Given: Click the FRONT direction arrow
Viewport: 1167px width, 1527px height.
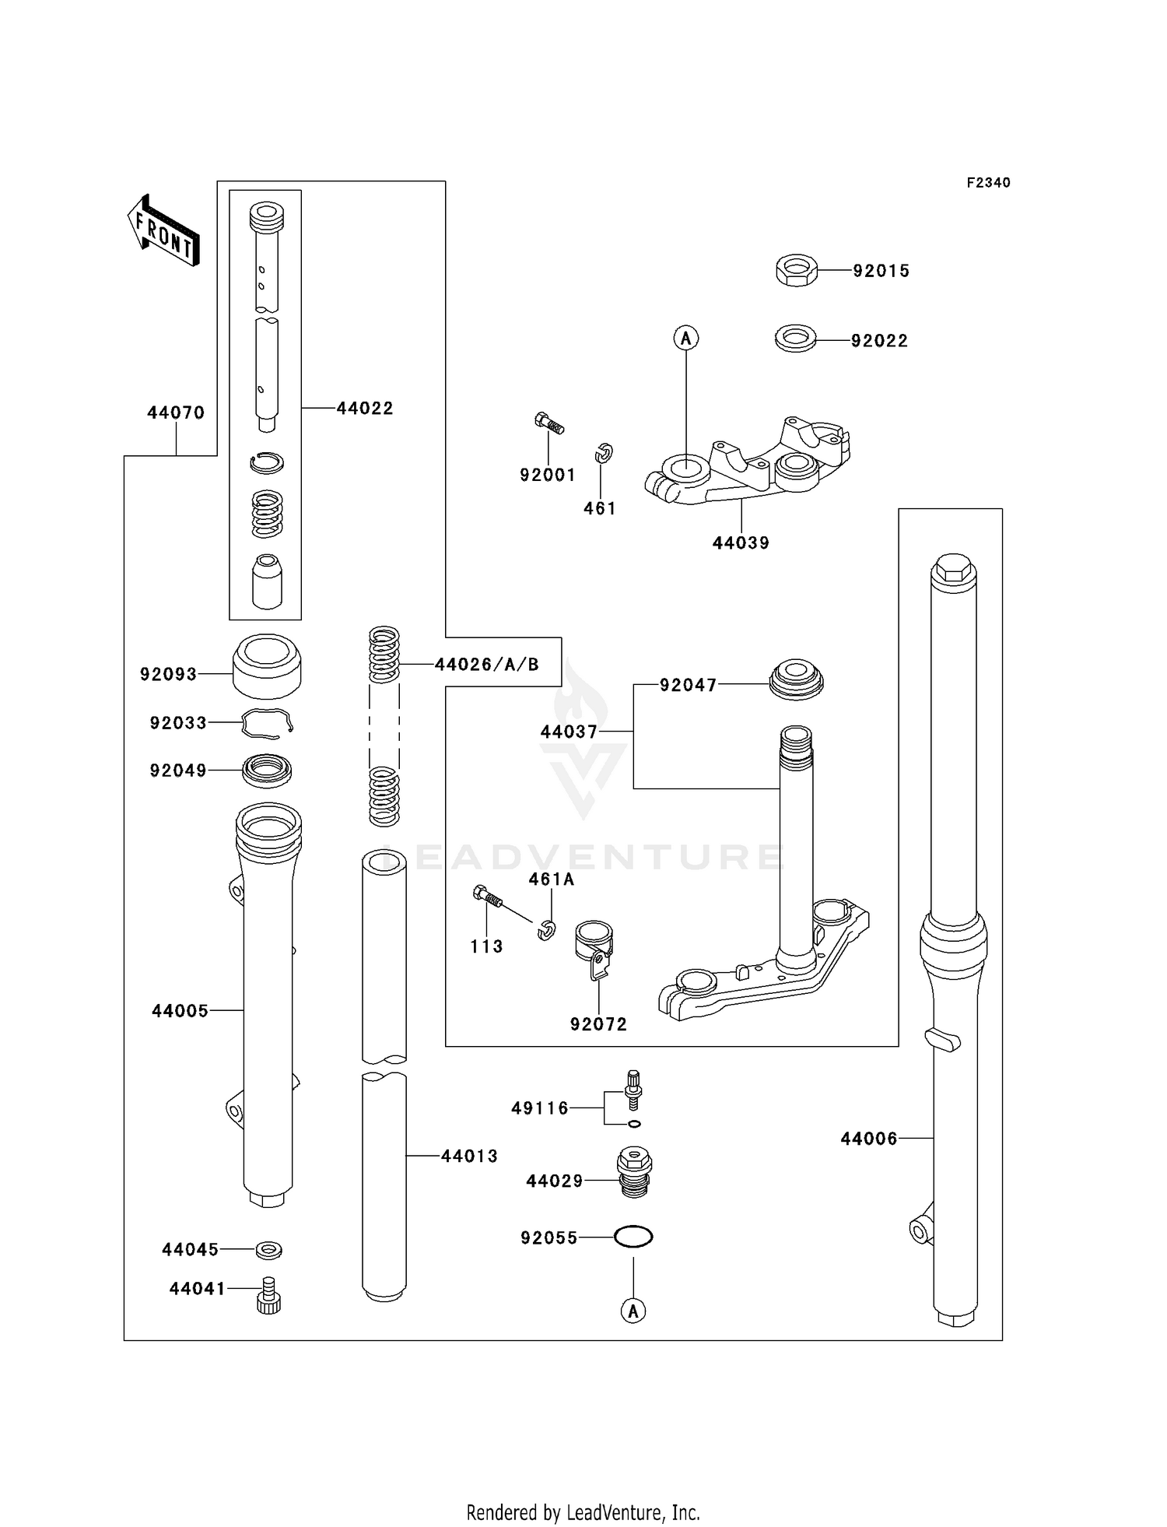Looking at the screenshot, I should [x=163, y=232].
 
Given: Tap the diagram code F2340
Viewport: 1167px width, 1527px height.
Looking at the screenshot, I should [x=988, y=183].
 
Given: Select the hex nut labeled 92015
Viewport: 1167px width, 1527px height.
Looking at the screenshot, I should [x=795, y=270].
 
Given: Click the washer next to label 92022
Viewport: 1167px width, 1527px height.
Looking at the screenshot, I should [x=795, y=339].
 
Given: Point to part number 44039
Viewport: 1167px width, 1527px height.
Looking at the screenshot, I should [x=741, y=543].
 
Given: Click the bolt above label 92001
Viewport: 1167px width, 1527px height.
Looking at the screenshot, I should [x=549, y=424].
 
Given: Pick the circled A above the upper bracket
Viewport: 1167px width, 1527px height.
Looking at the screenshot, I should [x=686, y=338].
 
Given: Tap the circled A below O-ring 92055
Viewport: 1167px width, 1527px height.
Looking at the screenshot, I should [x=633, y=1311].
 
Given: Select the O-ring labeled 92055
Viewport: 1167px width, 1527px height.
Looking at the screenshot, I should [x=633, y=1237].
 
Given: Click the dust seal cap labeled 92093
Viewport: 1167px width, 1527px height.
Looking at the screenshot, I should [x=267, y=666].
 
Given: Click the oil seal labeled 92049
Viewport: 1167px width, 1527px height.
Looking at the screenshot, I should [x=267, y=771].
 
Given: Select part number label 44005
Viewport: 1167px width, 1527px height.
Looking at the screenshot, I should [x=180, y=1011].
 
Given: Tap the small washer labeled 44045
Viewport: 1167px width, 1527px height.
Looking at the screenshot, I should [x=269, y=1250].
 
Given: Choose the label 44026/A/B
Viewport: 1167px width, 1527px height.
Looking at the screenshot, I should [x=486, y=665].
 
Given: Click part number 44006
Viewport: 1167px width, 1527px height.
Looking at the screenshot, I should [x=868, y=1139].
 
